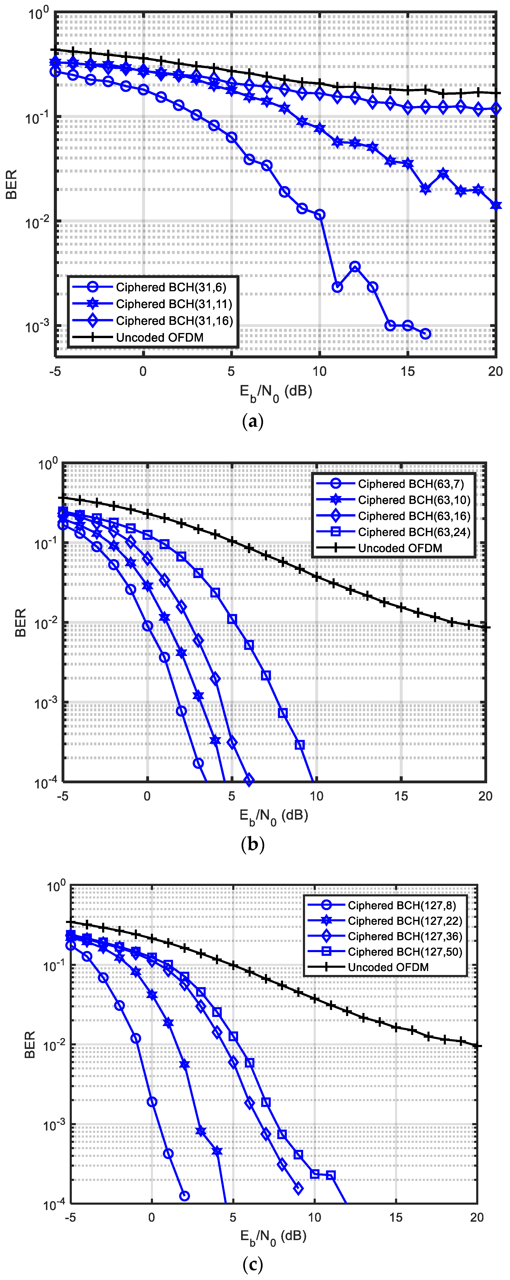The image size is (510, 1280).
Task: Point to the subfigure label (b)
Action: point(253,844)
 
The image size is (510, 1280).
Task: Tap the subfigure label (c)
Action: point(253,1264)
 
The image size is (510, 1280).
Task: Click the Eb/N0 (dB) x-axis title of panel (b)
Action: point(274,816)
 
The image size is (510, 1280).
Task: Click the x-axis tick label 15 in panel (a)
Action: point(408,371)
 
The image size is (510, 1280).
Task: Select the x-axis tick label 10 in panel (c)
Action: point(315,1217)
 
